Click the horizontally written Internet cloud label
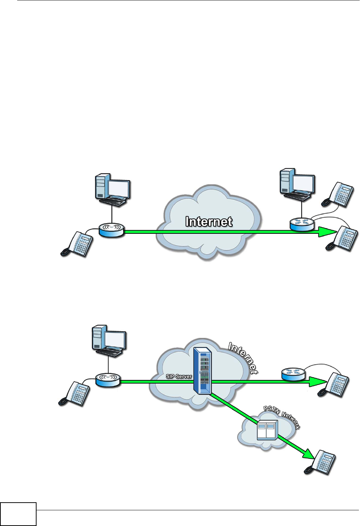209,222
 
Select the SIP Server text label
179,376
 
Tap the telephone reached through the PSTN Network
321,462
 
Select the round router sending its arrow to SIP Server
108,380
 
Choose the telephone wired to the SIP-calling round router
74,394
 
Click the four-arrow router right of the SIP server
293,374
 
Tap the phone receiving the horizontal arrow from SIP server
334,384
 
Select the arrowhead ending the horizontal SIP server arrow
317,382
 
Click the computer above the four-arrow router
297,184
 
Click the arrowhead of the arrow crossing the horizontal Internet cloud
326,232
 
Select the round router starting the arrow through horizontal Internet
111,230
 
